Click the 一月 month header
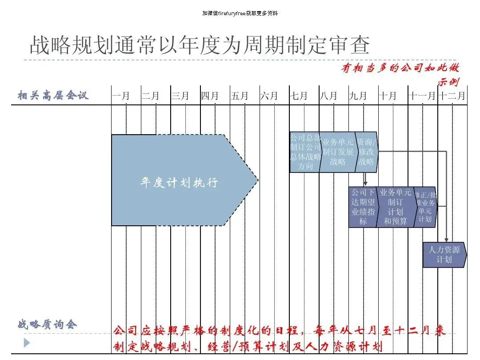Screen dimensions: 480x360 (x=121, y=96)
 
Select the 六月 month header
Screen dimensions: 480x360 (x=269, y=96)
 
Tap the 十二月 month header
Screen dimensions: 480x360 (x=452, y=96)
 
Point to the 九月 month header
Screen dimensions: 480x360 (x=358, y=96)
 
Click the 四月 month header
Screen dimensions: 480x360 (x=210, y=96)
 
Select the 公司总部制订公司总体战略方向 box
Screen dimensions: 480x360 (x=305, y=152)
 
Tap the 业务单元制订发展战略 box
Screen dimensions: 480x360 (x=338, y=152)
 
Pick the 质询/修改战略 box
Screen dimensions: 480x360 (x=367, y=152)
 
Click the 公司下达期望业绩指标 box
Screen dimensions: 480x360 (x=363, y=207)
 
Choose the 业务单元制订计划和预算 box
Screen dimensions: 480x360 (x=395, y=207)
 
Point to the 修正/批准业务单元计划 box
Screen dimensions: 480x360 (x=425, y=207)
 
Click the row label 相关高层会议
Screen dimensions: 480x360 (x=53, y=95)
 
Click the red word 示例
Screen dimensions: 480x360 (x=448, y=82)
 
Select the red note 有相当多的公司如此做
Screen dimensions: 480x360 (x=400, y=68)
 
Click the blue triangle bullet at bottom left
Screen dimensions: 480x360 (x=27, y=343)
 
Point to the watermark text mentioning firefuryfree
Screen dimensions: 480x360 (x=240, y=13)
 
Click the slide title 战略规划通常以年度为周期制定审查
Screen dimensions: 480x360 (x=200, y=45)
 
